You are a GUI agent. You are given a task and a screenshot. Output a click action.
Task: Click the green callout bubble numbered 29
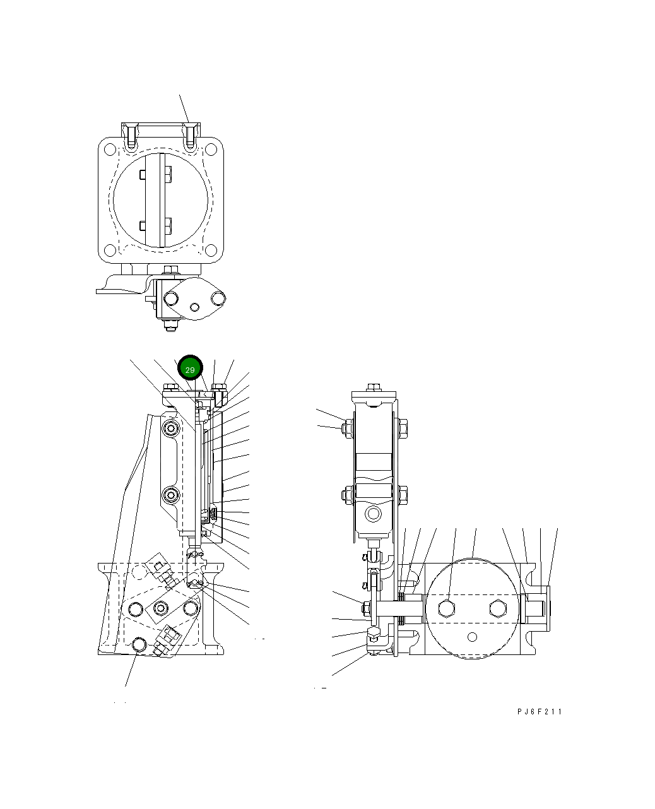click(190, 369)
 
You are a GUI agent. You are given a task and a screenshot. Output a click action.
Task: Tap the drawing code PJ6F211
click(539, 712)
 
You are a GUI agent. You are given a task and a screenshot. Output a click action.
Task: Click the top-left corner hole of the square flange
click(110, 150)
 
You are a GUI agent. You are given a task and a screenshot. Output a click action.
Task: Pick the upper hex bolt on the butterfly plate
click(168, 175)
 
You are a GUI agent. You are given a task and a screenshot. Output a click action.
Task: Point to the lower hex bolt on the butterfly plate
click(168, 225)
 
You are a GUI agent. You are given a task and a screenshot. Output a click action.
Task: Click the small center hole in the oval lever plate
click(195, 307)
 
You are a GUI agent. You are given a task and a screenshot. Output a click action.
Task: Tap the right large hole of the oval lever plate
click(218, 297)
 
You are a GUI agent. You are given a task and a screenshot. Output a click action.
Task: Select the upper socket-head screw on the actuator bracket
click(170, 430)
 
